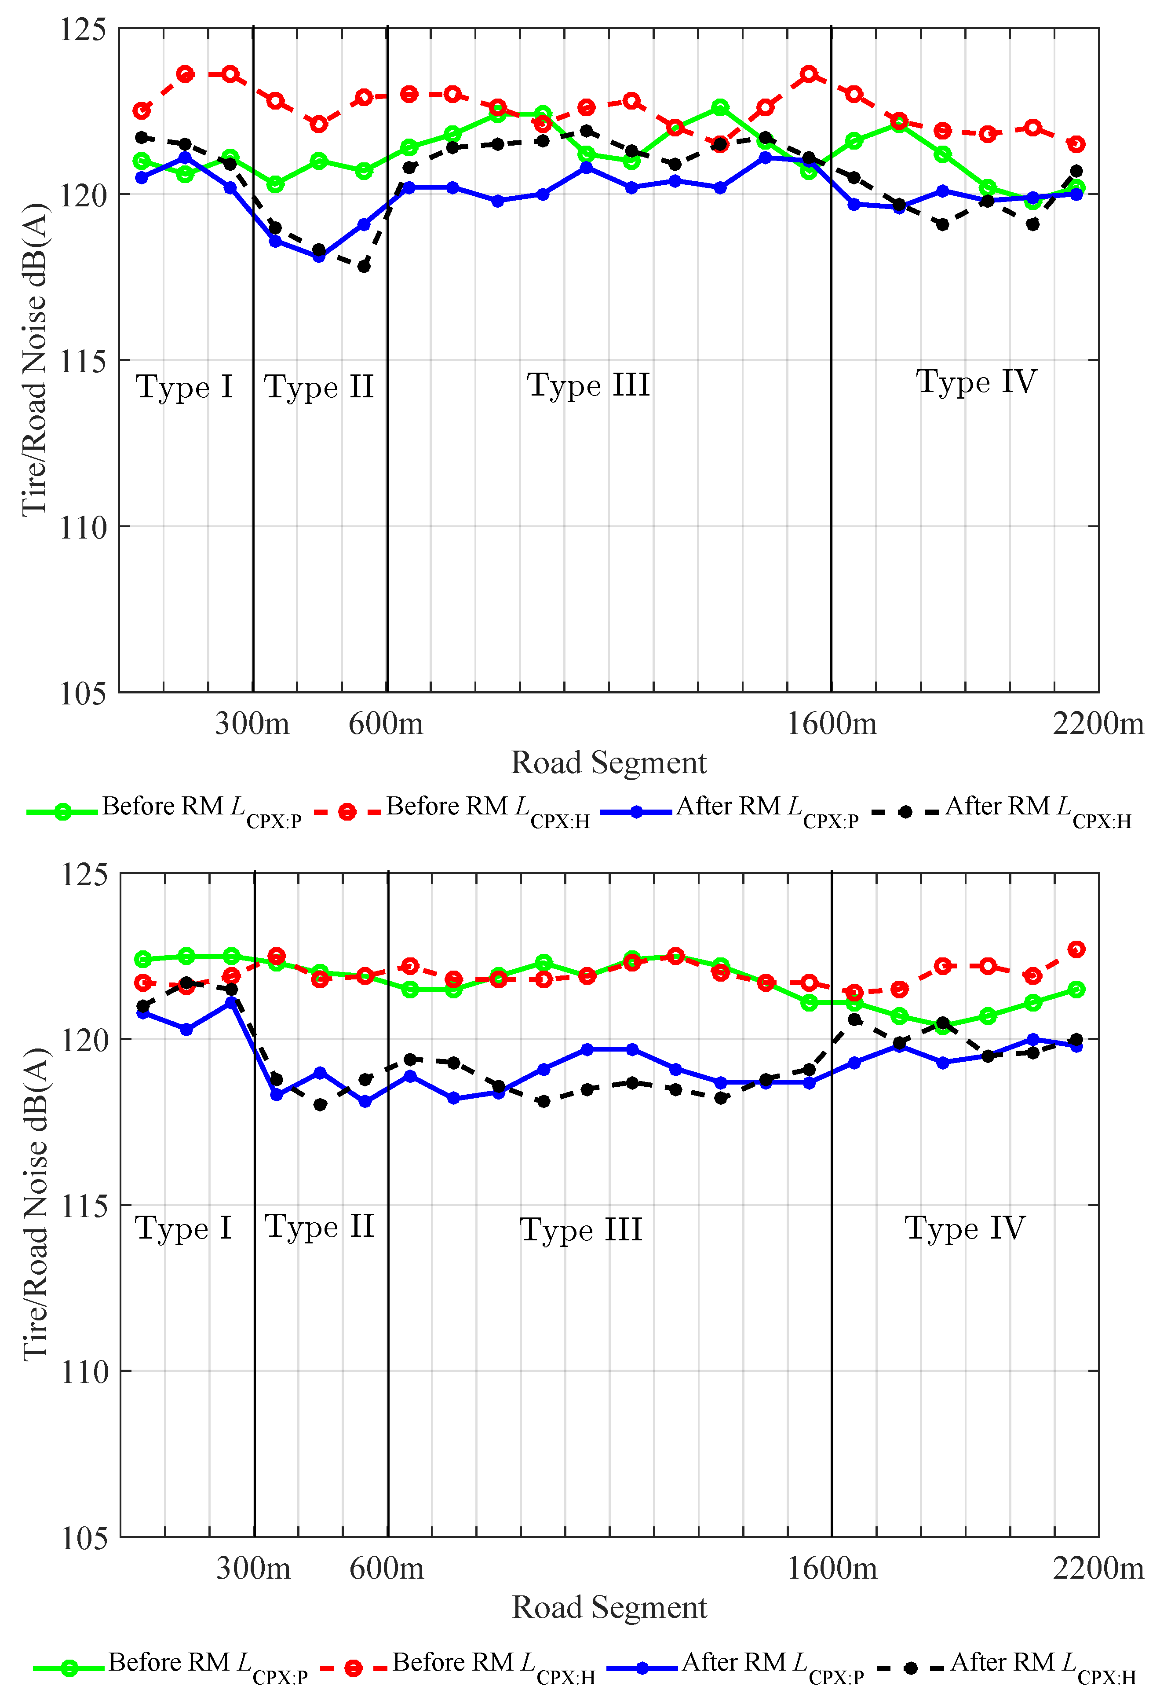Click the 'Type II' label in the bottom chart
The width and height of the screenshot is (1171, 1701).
[x=319, y=1227]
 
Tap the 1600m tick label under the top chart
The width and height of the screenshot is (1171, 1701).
[x=831, y=724]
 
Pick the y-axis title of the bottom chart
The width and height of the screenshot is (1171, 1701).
[x=35, y=1204]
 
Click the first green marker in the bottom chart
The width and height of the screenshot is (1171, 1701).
[x=143, y=959]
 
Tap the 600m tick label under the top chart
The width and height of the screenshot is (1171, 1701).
[x=386, y=724]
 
